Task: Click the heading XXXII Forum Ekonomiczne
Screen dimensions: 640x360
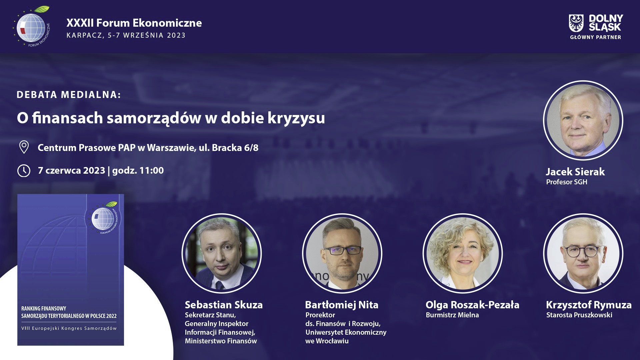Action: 134,23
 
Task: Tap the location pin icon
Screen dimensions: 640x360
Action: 24,147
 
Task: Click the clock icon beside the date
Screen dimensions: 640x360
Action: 24,170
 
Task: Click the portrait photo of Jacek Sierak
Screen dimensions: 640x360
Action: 583,120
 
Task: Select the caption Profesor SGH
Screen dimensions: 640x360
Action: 567,182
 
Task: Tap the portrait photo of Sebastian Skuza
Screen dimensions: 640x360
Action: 222,253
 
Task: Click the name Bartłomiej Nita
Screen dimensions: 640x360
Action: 342,305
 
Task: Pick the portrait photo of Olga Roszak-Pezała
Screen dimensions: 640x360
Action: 463,253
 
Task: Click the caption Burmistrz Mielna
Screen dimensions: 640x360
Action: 452,315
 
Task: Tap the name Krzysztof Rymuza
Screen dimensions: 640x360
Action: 589,305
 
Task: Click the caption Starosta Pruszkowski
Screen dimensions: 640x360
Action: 579,315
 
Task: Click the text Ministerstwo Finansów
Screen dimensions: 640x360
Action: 221,341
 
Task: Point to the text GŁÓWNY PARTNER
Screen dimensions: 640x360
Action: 595,37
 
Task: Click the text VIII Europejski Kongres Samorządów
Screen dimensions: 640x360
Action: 69,328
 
